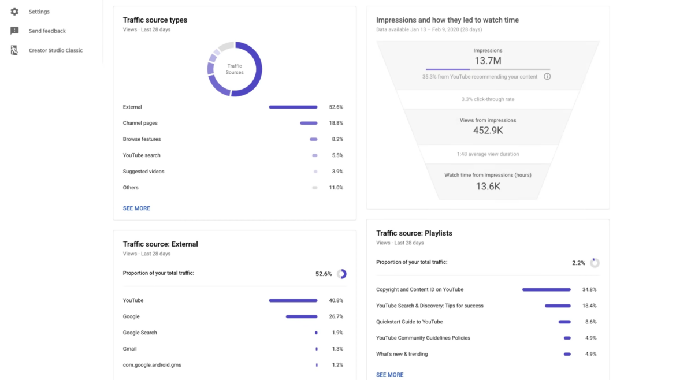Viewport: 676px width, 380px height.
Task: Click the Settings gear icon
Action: [x=14, y=12]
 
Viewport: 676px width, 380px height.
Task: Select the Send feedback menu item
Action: [x=47, y=31]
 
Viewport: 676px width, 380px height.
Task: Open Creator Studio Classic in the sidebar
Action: [x=55, y=50]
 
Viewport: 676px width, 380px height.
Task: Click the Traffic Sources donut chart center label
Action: [x=235, y=69]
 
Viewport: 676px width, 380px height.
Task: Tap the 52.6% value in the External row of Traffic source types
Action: [x=336, y=107]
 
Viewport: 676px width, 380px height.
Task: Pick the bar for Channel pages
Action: [x=309, y=123]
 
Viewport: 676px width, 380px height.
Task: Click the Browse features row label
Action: [x=142, y=139]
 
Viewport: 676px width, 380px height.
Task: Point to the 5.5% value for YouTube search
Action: [x=337, y=155]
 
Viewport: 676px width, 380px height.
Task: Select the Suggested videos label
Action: [x=143, y=172]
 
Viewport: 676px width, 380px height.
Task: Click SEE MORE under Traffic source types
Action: [x=136, y=208]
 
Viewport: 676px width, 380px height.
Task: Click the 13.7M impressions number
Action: [x=488, y=61]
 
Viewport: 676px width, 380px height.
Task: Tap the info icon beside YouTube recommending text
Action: [x=547, y=76]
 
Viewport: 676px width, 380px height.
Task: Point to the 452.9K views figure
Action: [x=488, y=131]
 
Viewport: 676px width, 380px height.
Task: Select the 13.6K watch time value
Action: [x=488, y=186]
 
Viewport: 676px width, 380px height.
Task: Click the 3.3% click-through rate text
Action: [x=488, y=99]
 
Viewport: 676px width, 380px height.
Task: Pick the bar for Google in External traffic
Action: [x=302, y=316]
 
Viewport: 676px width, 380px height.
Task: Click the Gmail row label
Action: [x=130, y=349]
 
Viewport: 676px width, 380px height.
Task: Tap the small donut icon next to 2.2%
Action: [x=595, y=263]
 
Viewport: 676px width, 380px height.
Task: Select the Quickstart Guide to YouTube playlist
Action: [x=409, y=322]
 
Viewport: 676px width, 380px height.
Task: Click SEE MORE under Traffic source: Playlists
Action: [x=389, y=375]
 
